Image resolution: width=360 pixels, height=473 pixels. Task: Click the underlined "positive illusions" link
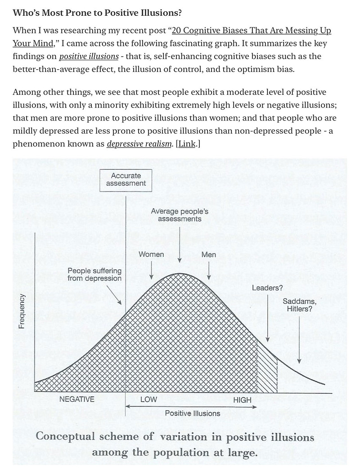(89, 56)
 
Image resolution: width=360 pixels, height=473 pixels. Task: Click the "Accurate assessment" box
(126, 179)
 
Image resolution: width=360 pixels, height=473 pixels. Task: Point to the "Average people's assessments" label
(180, 215)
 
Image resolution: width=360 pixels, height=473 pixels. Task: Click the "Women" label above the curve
(151, 254)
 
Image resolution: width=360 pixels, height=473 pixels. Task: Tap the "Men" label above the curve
(209, 254)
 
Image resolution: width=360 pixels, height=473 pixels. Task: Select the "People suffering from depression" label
(94, 274)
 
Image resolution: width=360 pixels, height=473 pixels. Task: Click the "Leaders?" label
(267, 288)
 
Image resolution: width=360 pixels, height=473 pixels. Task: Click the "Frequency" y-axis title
(22, 312)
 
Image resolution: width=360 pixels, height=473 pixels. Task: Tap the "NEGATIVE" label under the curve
(77, 399)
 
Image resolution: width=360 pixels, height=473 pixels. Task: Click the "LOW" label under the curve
(148, 399)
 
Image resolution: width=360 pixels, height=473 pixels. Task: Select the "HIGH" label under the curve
(242, 400)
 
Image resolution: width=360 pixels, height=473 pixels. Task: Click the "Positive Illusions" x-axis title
(193, 413)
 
